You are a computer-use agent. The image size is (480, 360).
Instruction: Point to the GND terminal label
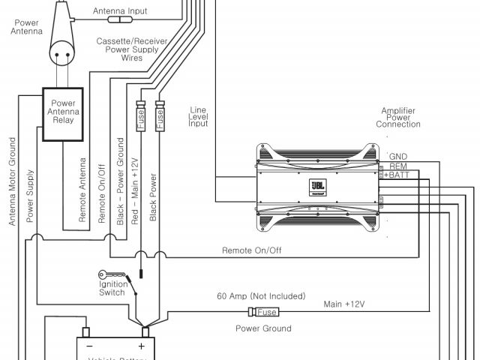[x=397, y=156]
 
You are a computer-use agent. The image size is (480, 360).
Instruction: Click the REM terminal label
[x=397, y=166]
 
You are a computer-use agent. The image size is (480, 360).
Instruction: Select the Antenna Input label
[x=120, y=12]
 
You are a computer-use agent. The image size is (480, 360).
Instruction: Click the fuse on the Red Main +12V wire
[x=140, y=115]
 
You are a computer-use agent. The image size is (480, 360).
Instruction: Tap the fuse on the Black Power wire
[x=159, y=115]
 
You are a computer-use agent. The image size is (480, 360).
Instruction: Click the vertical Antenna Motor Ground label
[x=12, y=180]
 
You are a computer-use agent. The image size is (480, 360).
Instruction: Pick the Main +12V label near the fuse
[x=344, y=304]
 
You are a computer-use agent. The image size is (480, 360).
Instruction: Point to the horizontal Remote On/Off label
[x=251, y=250]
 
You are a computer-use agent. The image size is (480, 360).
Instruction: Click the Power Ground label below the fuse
[x=263, y=328]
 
